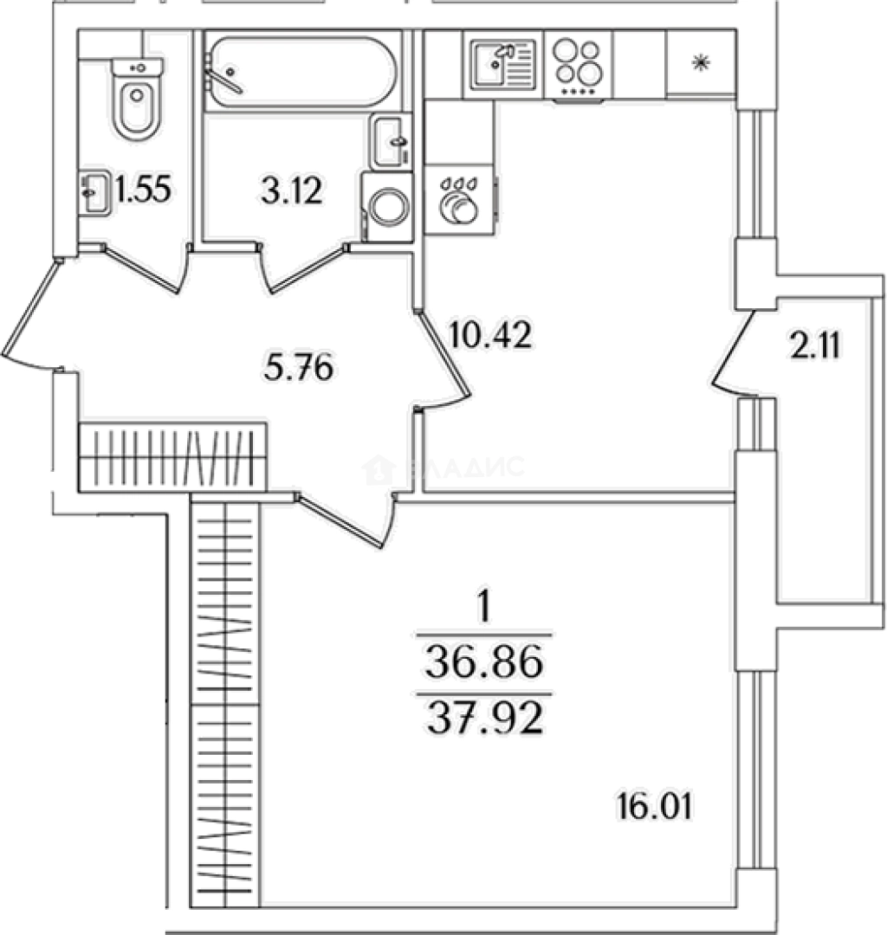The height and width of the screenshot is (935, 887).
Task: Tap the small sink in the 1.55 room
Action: coord(94,192)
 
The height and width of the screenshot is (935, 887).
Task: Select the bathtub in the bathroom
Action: coord(302,68)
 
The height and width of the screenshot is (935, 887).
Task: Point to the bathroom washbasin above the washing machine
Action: coord(391,142)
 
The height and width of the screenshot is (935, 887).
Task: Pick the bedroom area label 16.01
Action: coord(657,810)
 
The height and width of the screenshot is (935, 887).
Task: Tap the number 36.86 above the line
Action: coord(484,665)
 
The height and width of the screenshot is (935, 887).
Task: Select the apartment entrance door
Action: coord(30,312)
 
